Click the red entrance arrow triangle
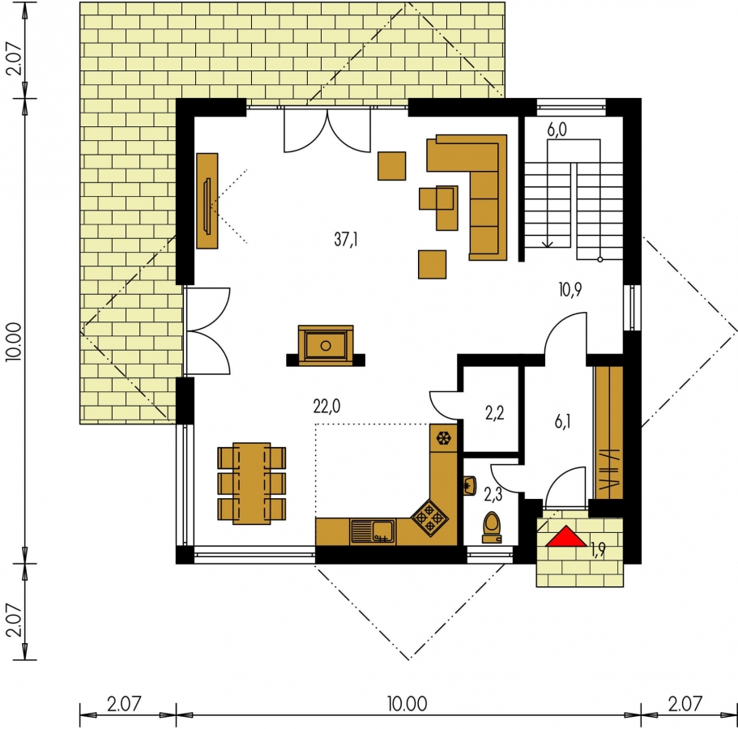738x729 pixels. [566, 537]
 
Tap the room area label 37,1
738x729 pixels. [346, 240]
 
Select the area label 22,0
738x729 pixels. [326, 406]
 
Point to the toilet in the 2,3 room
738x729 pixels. [492, 527]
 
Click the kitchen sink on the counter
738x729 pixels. [373, 532]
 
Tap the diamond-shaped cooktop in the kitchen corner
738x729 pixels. [429, 518]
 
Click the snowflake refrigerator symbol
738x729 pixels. [443, 438]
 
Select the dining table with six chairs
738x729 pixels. [252, 484]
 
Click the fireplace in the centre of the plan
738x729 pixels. [326, 345]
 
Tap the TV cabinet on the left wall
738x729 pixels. [207, 201]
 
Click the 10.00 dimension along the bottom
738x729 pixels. [407, 704]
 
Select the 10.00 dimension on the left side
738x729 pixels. [14, 342]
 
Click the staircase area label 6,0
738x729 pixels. [557, 130]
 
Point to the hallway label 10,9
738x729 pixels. [570, 290]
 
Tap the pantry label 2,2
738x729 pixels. [495, 413]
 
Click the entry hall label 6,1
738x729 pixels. [562, 422]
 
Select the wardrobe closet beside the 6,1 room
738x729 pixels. [609, 433]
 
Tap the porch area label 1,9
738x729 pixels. [598, 549]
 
